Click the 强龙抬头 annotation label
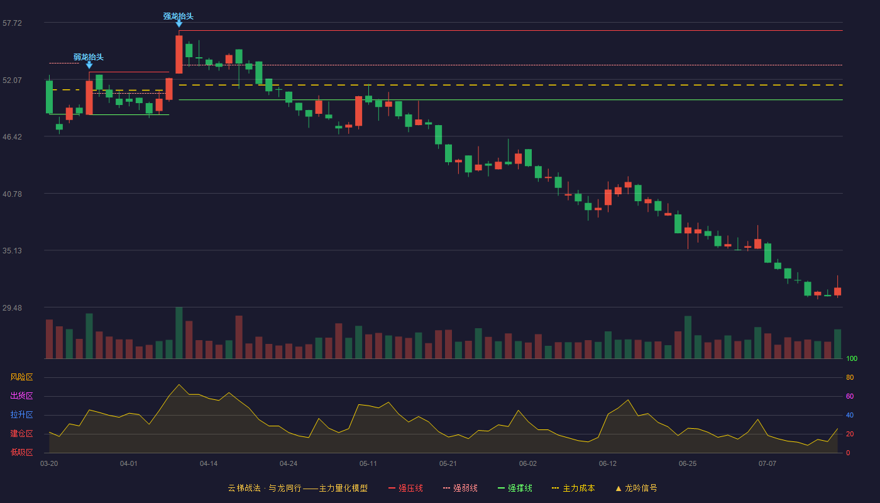coord(179,16)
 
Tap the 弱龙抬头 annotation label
coord(89,57)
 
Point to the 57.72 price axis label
coord(12,23)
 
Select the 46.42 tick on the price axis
coord(12,137)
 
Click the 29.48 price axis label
coord(12,307)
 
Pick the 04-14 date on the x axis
coord(209,464)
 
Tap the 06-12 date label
coord(608,464)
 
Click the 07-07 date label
coord(767,464)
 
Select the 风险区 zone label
coord(21,377)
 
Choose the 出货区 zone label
coord(21,395)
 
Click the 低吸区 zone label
coord(21,452)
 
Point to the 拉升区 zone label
coord(21,414)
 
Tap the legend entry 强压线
coord(405,488)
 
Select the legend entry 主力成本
coord(573,488)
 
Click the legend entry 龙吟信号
coord(636,488)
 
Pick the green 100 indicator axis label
coord(852,358)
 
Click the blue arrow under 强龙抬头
coord(179,24)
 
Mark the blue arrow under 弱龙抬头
coord(89,65)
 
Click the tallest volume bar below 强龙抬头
coord(179,333)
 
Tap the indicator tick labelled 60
coord(850,396)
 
